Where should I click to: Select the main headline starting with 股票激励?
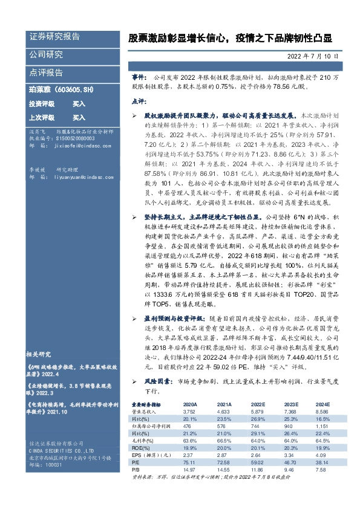[230, 38]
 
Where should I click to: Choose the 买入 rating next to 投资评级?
[79, 104]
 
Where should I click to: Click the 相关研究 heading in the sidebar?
[39, 354]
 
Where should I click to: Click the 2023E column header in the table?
[292, 404]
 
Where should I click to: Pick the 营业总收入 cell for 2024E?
[322, 411]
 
